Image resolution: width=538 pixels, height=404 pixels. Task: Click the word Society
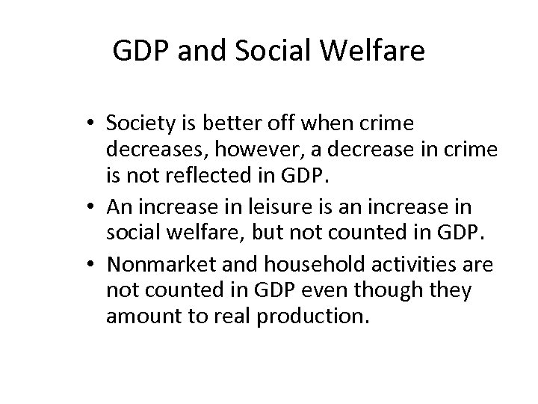pyautogui.click(x=145, y=123)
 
